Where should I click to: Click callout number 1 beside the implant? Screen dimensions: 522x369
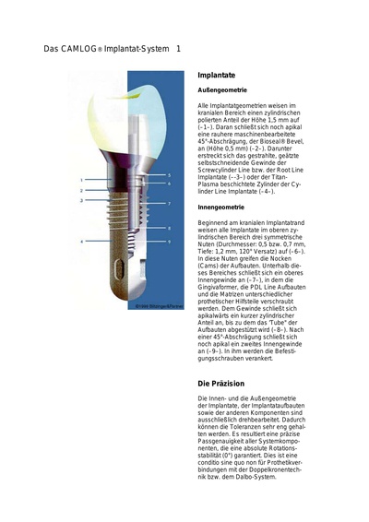point(81,179)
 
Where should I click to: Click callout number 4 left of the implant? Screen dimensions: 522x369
point(81,241)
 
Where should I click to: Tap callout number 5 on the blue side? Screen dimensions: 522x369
point(170,173)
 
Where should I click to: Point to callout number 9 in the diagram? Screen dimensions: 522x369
point(170,241)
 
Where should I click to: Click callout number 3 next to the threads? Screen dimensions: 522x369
point(81,199)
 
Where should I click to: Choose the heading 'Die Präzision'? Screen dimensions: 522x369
point(224,381)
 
